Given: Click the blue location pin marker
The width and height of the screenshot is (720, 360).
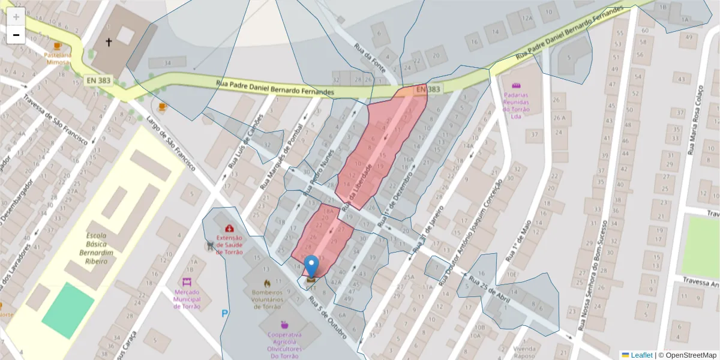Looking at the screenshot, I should point(311,266).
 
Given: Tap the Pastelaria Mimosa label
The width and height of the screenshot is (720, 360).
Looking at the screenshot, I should point(58,58).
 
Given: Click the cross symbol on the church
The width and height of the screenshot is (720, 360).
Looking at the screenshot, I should point(109,42).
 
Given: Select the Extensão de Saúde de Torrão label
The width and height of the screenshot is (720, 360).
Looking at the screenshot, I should point(229,244).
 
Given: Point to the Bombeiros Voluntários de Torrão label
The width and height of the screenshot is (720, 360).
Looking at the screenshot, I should point(266,298).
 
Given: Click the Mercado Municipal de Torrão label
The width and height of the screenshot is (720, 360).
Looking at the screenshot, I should point(187,298).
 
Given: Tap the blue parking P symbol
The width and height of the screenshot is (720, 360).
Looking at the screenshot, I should point(225,313).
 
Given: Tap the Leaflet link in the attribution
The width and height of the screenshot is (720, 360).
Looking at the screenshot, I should point(641,355).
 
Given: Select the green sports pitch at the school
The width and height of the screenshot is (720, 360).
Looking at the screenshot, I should point(68,309).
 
